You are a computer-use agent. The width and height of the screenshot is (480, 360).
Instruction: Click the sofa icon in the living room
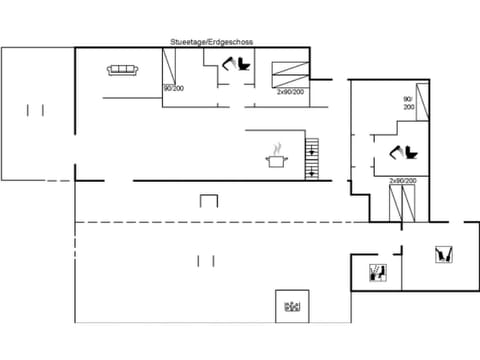click(122, 69)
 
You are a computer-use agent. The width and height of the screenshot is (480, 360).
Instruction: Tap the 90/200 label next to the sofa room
click(173, 89)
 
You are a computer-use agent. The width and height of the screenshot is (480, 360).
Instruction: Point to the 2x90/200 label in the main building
click(291, 90)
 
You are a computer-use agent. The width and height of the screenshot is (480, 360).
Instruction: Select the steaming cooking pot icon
click(275, 157)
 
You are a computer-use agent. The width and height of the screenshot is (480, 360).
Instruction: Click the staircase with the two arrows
click(311, 158)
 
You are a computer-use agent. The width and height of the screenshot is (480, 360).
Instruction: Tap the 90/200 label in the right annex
click(408, 103)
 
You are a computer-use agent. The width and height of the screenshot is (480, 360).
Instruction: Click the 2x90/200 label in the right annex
click(403, 181)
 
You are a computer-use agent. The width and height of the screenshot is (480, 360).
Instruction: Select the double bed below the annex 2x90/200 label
click(404, 203)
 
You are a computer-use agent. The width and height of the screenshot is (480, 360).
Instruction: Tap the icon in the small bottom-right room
click(377, 271)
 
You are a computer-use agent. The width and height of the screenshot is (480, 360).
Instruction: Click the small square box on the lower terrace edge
click(292, 306)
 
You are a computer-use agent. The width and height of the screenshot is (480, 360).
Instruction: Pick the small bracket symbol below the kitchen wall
click(209, 200)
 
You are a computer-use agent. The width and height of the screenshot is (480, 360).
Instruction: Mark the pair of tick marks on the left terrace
click(36, 109)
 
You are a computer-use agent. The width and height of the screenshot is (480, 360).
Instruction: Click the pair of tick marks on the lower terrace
click(206, 261)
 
